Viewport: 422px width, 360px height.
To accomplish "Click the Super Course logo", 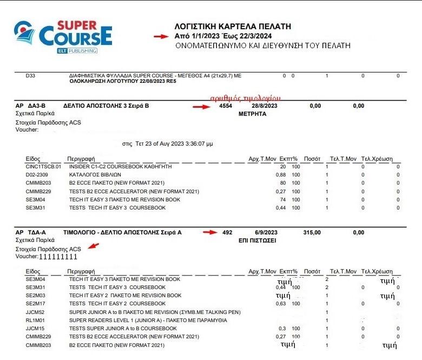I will pyautogui.click(x=63, y=36).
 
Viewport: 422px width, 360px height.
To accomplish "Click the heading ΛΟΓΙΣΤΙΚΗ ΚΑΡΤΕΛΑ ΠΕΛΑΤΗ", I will pyautogui.click(x=233, y=26).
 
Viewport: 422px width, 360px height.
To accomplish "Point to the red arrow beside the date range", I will pyautogui.click(x=161, y=36).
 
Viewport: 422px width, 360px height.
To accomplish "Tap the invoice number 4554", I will pyautogui.click(x=226, y=106).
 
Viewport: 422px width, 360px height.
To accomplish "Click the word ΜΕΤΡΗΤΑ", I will pyautogui.click(x=253, y=115).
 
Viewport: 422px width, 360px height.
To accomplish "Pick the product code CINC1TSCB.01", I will pyautogui.click(x=43, y=167).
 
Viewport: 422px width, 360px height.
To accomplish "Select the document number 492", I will pyautogui.click(x=227, y=232).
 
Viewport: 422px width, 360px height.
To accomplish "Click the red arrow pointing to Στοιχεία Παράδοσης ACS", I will pyautogui.click(x=94, y=247).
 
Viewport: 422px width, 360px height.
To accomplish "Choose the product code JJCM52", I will pyautogui.click(x=35, y=312).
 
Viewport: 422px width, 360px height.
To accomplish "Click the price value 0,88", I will pyautogui.click(x=281, y=175).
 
